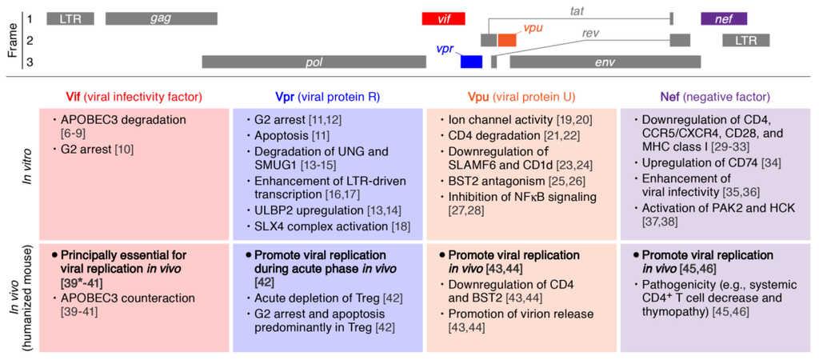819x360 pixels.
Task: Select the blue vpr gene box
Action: (471, 62)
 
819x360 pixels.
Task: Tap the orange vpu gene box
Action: (507, 40)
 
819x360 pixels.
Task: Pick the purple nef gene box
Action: (724, 18)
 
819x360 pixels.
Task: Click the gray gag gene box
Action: (161, 18)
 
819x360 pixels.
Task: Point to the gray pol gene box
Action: (314, 62)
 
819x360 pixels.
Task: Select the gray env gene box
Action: (605, 62)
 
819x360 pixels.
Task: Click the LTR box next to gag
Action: (70, 18)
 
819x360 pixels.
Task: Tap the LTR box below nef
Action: (745, 40)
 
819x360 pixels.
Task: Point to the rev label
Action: (590, 33)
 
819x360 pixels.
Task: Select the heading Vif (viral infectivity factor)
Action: (134, 97)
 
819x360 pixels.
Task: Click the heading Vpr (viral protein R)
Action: (329, 97)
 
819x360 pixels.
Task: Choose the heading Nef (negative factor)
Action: (717, 97)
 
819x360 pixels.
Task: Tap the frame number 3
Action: (29, 62)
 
